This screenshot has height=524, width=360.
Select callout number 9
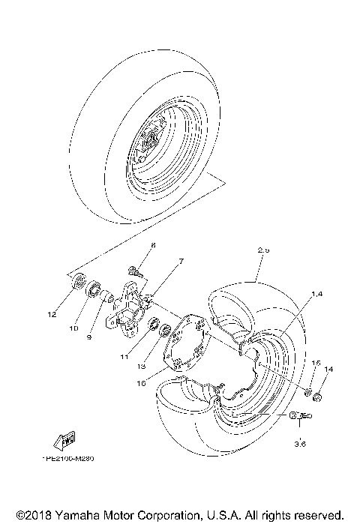coord(88,337)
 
